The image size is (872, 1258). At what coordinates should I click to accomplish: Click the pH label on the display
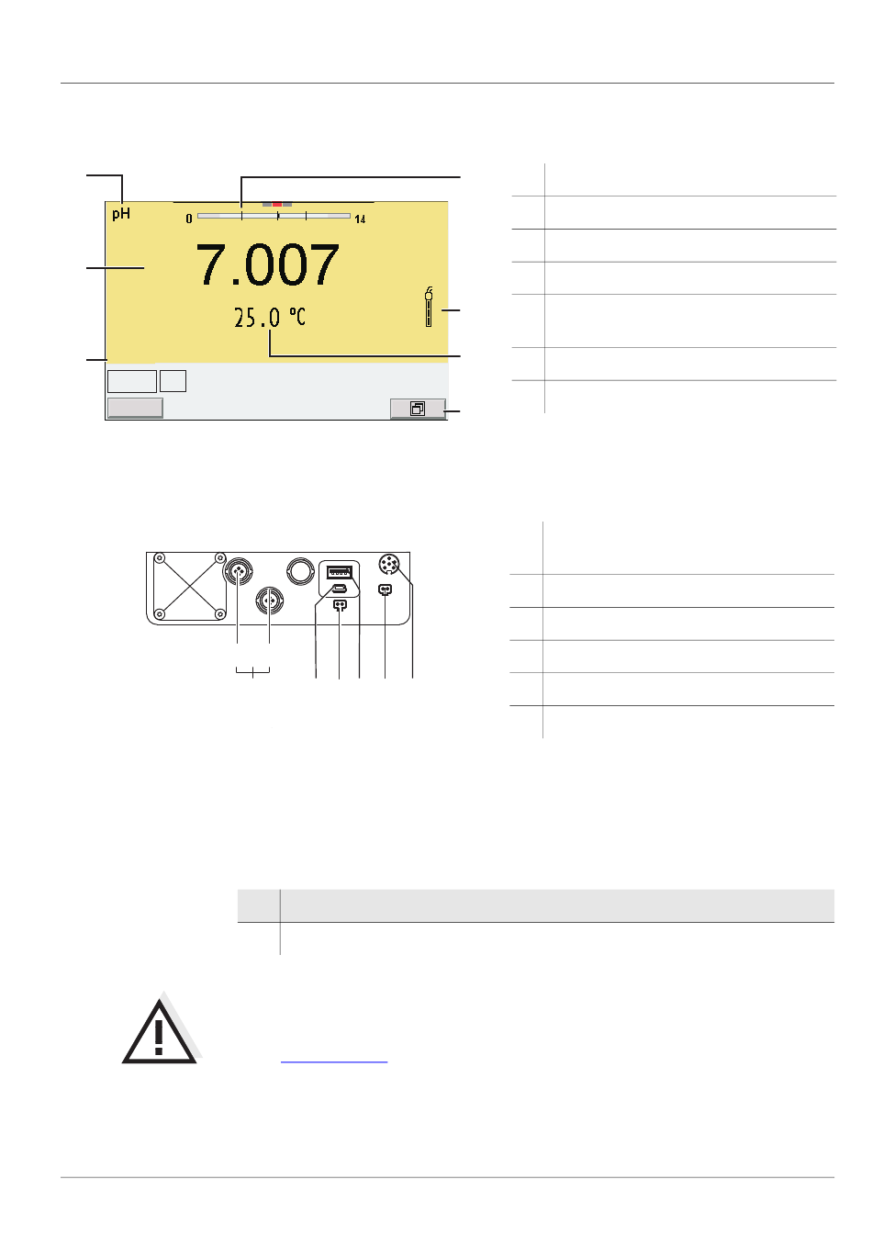121,214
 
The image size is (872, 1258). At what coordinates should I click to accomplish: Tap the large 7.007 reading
267,264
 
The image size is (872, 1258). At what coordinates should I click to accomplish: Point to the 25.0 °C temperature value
270,318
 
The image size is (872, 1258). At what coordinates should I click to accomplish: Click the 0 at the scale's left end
189,219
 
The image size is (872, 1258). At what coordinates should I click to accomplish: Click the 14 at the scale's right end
360,219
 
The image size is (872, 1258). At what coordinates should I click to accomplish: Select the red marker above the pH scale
277,205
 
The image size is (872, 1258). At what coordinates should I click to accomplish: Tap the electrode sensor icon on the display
429,307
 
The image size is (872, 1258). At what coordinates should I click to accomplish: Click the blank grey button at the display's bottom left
135,408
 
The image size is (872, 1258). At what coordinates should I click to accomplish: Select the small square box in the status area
173,381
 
